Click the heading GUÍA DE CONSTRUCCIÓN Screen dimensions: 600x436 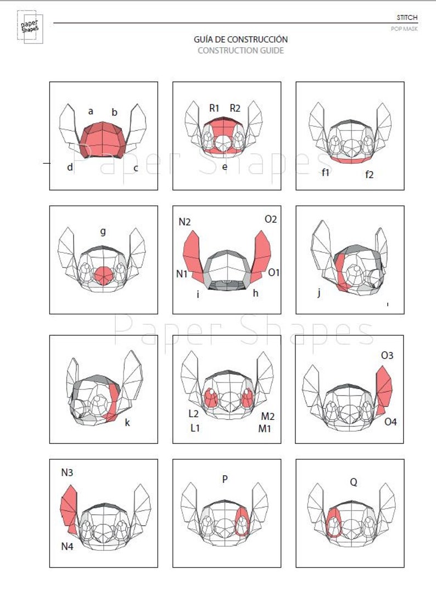pyautogui.click(x=241, y=40)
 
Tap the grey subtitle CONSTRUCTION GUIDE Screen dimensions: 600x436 pyautogui.click(x=241, y=51)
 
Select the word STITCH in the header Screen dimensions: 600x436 pyautogui.click(x=407, y=18)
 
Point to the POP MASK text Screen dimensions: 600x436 pyautogui.click(x=404, y=29)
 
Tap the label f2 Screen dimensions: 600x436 pyautogui.click(x=370, y=175)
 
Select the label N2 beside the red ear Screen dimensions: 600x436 pyautogui.click(x=184, y=222)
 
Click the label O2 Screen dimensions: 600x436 pyautogui.click(x=271, y=219)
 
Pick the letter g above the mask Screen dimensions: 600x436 pyautogui.click(x=103, y=231)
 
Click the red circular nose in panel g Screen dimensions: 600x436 pyautogui.click(x=103, y=275)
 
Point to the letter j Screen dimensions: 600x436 pyautogui.click(x=318, y=292)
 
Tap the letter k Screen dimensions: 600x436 pyautogui.click(x=127, y=422)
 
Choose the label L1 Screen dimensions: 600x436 pyautogui.click(x=194, y=428)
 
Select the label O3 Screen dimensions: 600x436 pyautogui.click(x=387, y=355)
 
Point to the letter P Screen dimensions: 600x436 pyautogui.click(x=225, y=479)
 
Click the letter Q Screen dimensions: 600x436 pyautogui.click(x=354, y=482)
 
